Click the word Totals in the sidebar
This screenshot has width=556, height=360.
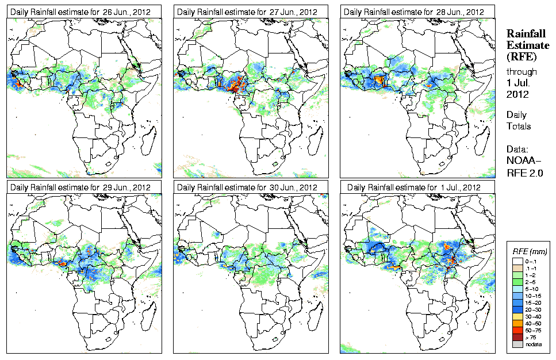tap(519, 126)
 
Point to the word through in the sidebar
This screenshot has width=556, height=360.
tap(522, 72)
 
